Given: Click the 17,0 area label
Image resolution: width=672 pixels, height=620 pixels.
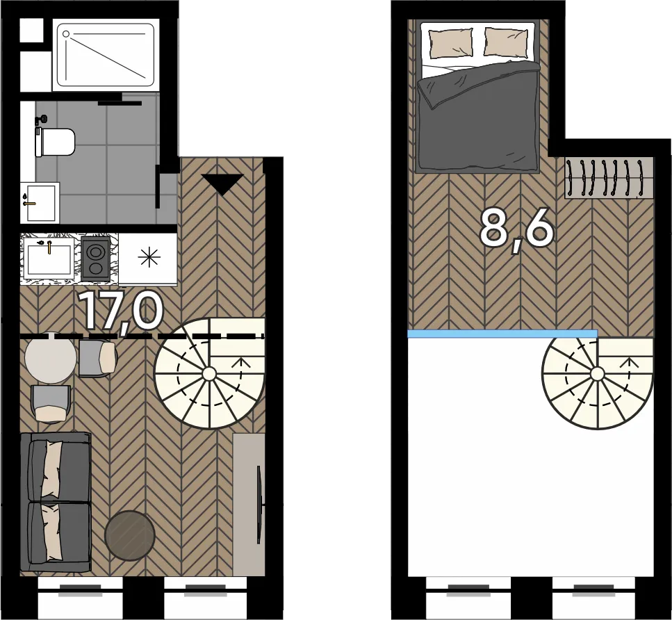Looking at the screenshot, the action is (122, 311).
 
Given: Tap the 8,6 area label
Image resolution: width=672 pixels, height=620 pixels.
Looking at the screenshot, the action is (516, 232).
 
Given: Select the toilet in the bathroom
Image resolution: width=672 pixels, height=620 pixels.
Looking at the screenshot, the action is (55, 142).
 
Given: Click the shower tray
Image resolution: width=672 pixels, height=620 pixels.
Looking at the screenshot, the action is (106, 55).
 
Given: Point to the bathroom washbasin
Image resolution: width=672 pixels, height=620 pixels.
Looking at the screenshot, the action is (40, 202).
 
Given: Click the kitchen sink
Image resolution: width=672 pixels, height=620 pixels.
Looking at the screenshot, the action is (49, 259).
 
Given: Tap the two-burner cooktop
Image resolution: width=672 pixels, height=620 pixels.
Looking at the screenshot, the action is (95, 259).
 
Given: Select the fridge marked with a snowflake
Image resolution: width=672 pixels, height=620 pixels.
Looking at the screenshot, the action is (148, 258).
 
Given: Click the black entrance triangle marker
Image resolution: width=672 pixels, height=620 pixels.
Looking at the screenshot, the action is (222, 184).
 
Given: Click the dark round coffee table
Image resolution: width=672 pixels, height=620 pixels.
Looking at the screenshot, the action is (130, 535).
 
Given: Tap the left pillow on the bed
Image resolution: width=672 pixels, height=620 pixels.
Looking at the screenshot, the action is (451, 42).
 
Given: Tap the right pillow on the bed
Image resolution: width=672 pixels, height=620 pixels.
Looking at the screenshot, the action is (506, 42).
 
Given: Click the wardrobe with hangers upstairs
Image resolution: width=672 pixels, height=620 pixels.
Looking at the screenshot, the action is (609, 178).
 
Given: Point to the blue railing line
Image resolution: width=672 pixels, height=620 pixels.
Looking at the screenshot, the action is (502, 334).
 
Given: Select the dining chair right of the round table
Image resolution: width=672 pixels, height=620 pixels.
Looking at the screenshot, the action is (97, 358).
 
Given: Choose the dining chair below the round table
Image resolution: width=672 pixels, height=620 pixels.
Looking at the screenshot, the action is (51, 403).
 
